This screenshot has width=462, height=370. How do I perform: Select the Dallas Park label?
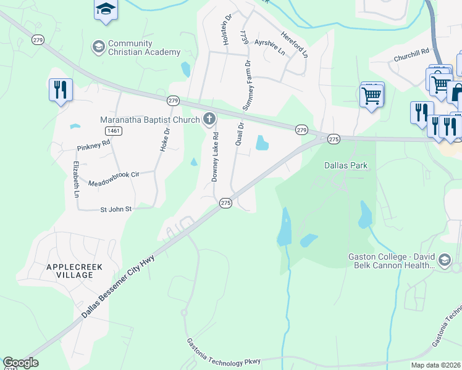click(x=346, y=166)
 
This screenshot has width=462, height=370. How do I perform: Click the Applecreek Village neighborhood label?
click(x=73, y=271)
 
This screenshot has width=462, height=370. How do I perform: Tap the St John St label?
click(x=116, y=210)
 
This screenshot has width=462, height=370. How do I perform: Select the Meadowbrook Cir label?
click(x=114, y=175)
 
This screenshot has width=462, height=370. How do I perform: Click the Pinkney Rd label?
click(x=93, y=146)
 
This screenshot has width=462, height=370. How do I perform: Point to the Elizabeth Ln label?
click(x=77, y=179)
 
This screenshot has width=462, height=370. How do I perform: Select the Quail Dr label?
click(x=240, y=134)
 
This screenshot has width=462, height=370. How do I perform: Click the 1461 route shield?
click(x=113, y=131)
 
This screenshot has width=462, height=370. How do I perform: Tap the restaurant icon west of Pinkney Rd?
click(x=61, y=90)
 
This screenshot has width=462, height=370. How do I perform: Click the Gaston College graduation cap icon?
click(x=444, y=261)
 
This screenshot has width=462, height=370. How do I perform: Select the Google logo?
click(x=20, y=363)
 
